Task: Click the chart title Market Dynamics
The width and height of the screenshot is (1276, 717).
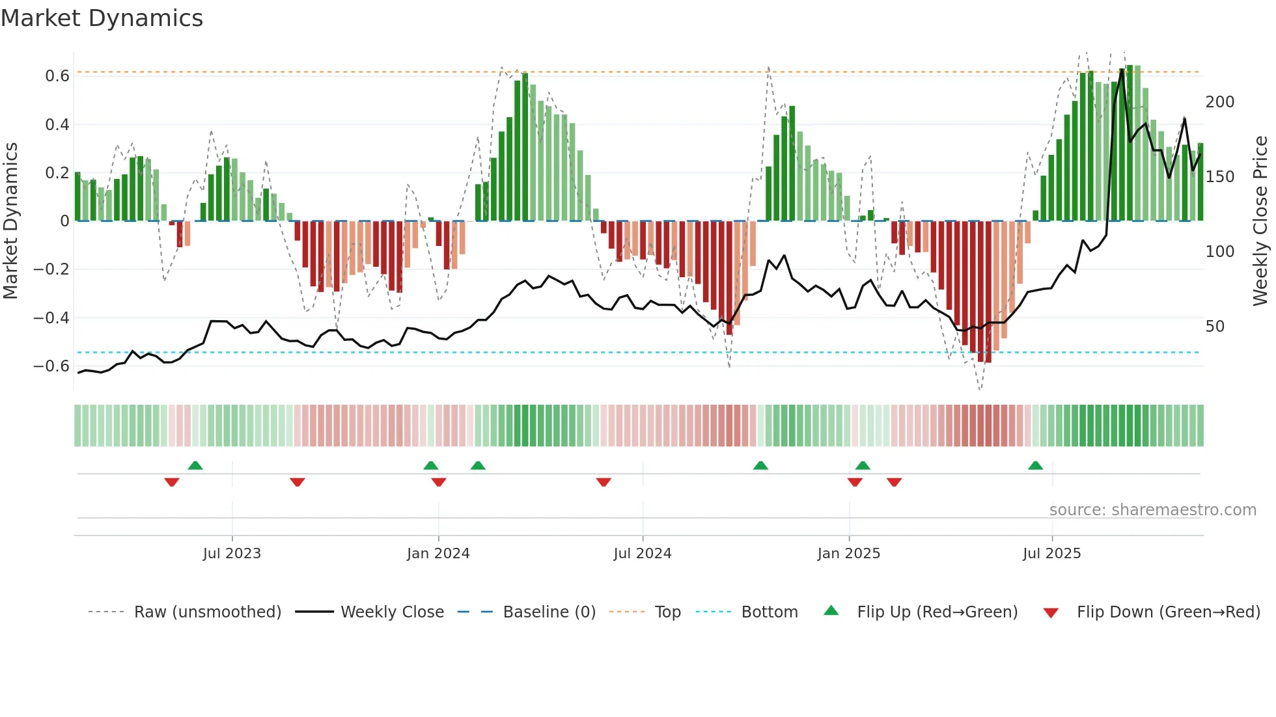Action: pos(102,18)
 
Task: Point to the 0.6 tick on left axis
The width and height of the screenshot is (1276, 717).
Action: pos(57,76)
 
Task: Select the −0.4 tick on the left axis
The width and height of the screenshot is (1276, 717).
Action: pos(51,318)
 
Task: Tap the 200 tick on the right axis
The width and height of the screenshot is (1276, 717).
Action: pos(1219,102)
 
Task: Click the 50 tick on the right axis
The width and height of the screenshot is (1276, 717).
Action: pos(1215,327)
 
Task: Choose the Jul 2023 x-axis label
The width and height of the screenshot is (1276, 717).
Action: pos(232,554)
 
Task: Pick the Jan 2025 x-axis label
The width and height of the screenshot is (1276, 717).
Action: pos(848,554)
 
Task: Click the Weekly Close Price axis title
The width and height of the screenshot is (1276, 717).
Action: pos(1260,221)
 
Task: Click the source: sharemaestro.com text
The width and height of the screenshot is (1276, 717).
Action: pos(1152,510)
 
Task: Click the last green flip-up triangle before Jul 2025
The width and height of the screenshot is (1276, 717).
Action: pos(1035,465)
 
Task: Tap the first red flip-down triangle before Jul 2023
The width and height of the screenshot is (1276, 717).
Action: pos(172,482)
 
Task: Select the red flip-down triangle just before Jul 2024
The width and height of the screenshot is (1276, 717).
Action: pos(603,482)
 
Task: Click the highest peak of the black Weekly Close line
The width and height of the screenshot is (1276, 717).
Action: pos(1122,70)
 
